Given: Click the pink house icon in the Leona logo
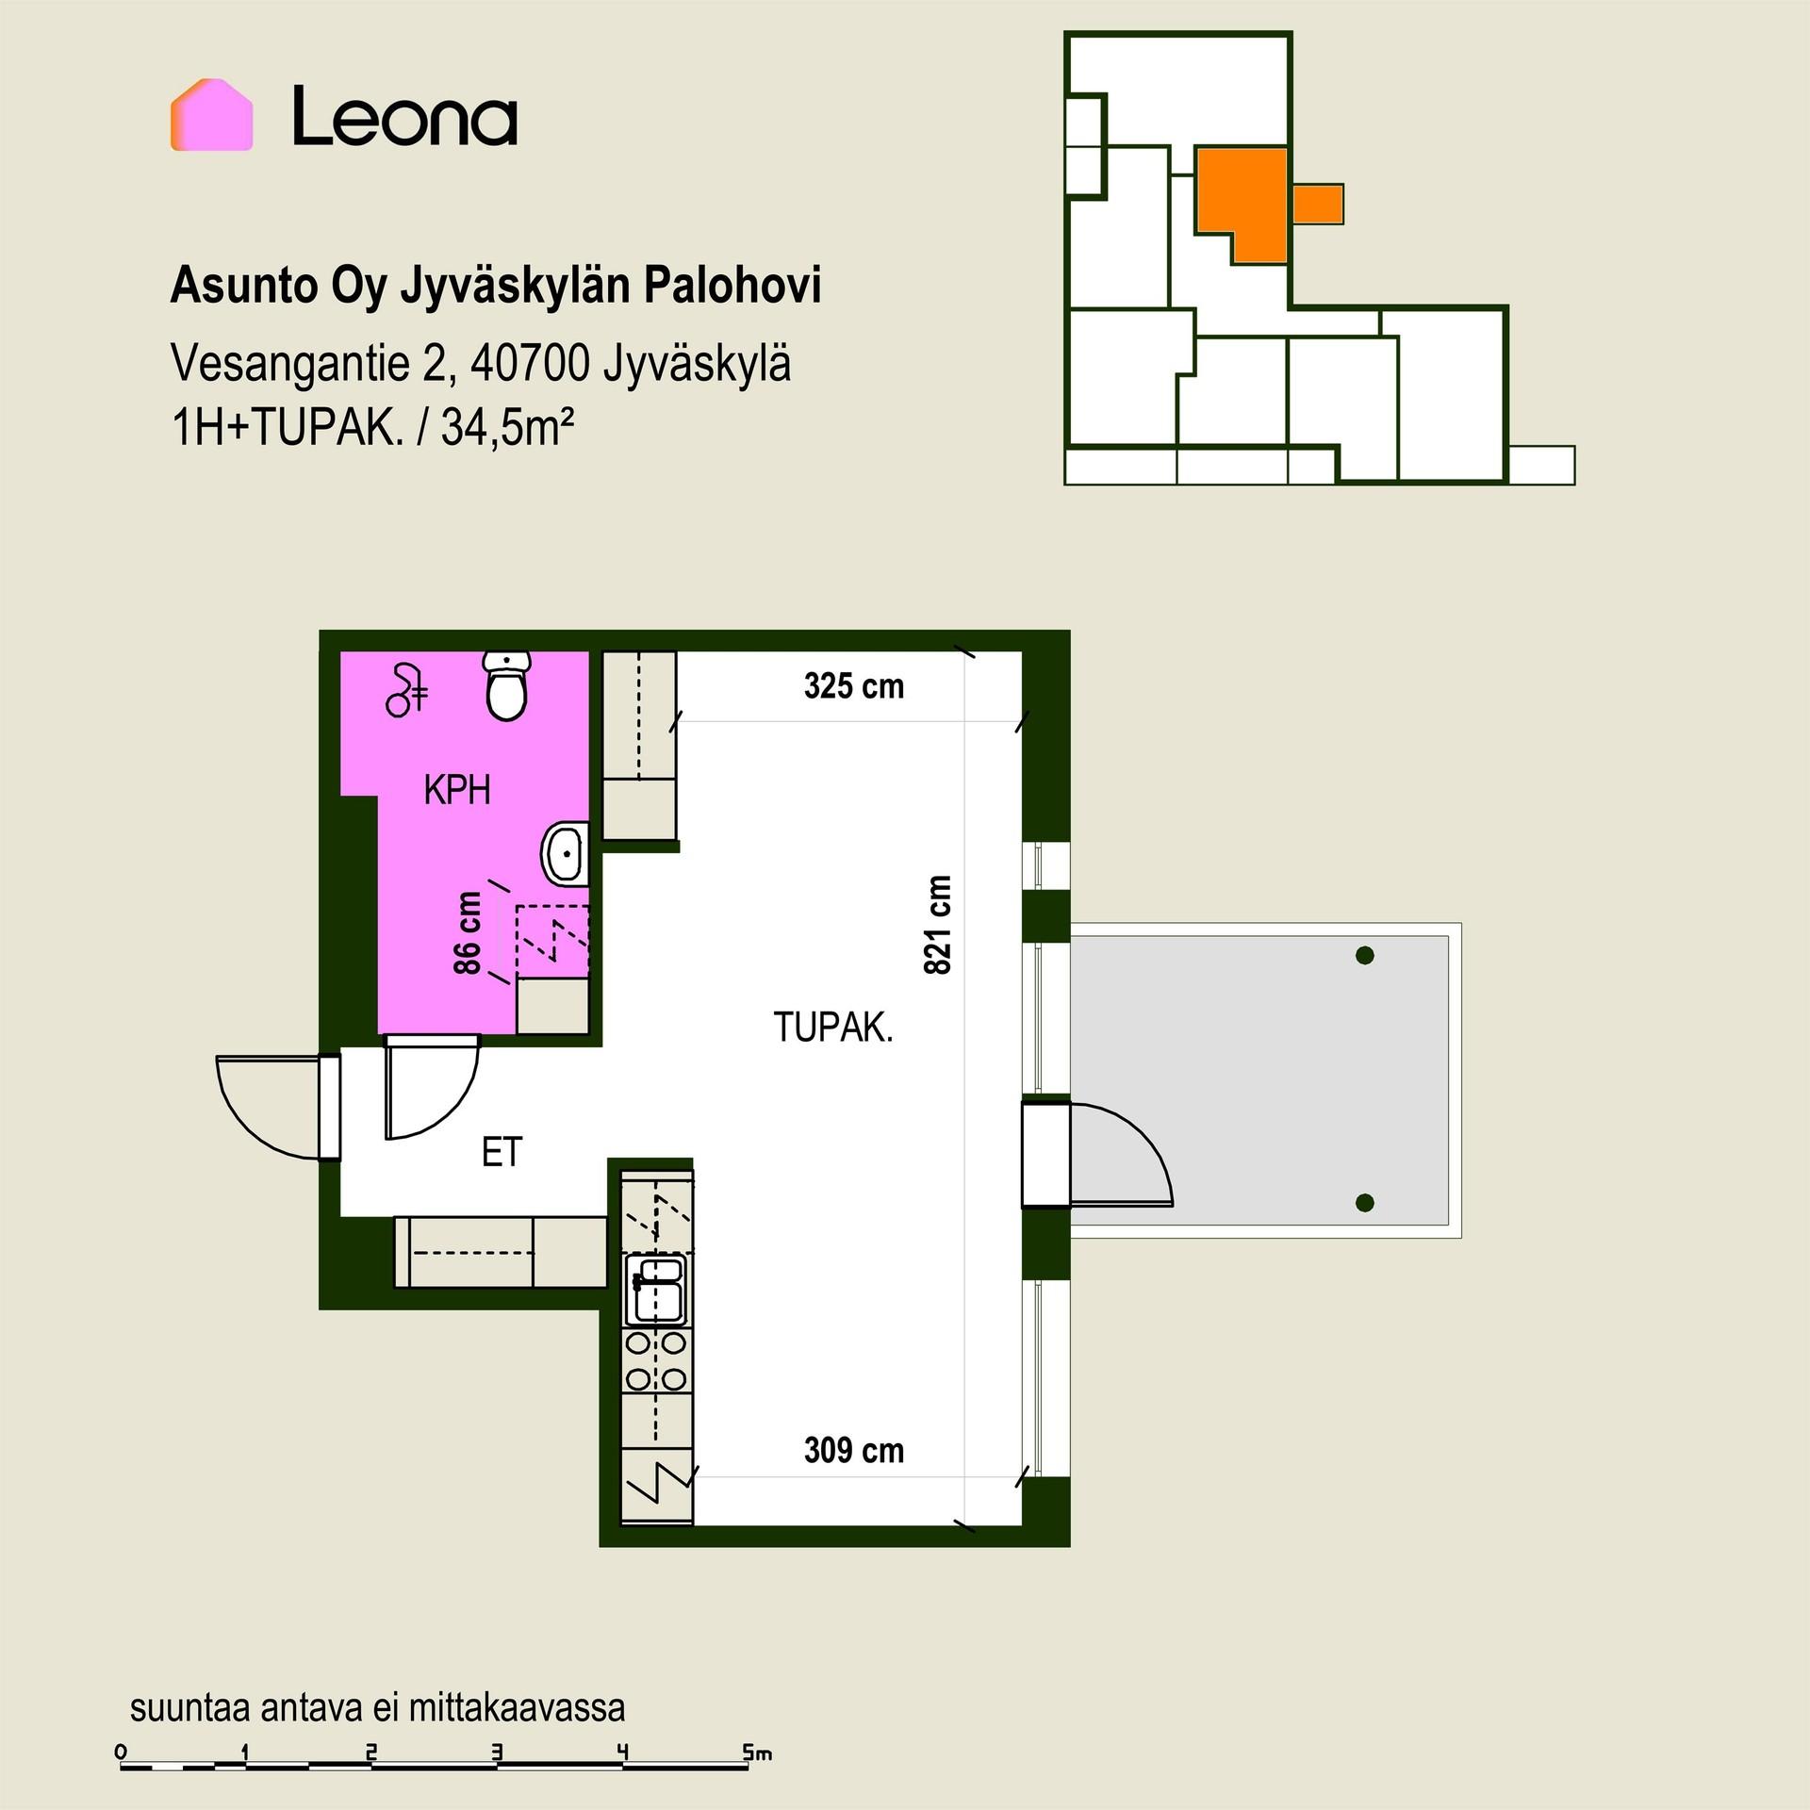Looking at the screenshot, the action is (211, 115).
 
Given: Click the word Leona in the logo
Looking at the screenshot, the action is (404, 116).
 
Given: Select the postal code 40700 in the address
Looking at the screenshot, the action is (531, 363).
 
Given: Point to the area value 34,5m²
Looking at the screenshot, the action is (507, 429).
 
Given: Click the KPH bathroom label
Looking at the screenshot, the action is (457, 790).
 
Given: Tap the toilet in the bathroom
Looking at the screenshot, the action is (507, 685).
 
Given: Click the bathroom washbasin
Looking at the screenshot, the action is (566, 853).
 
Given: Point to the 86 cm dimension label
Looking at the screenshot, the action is (468, 933).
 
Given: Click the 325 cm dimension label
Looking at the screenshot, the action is (853, 686).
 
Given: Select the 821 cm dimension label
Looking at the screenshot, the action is (939, 924).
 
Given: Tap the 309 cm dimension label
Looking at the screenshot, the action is (853, 1450).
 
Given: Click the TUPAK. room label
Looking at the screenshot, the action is (833, 1027).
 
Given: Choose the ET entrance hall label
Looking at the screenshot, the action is (502, 1152).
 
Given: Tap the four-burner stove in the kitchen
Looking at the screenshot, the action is (657, 1361).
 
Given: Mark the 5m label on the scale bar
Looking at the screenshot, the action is (757, 1754).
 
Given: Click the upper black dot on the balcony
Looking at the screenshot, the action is (1364, 956).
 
